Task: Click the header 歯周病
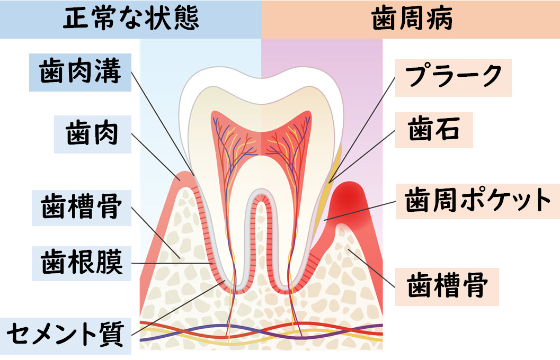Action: [412, 19]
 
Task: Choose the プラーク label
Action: [453, 77]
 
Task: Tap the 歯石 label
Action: [434, 129]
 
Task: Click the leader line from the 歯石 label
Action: [366, 154]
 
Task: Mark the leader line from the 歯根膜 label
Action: [170, 263]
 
